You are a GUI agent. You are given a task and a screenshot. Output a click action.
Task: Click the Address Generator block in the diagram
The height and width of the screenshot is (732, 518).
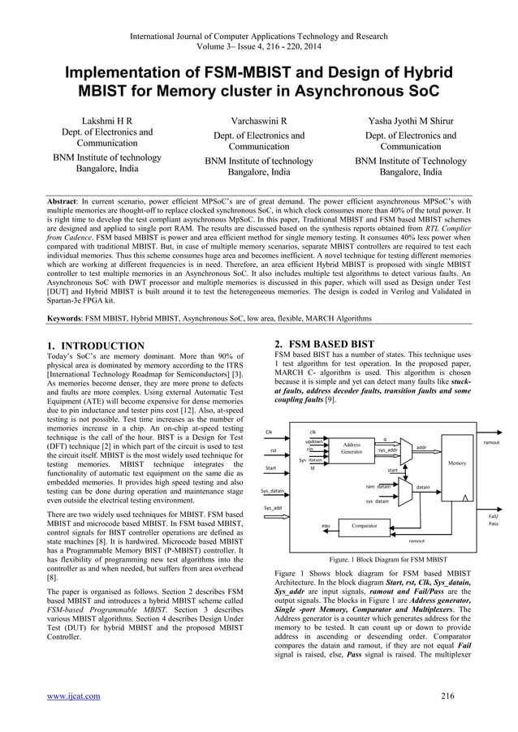click(x=352, y=449)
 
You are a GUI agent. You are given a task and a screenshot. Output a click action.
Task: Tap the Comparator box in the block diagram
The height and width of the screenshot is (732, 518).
click(x=364, y=526)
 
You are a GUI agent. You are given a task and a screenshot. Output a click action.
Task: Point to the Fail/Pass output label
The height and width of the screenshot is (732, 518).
click(x=493, y=519)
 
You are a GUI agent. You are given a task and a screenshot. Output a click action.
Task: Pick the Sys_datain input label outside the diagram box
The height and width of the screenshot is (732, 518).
click(x=273, y=491)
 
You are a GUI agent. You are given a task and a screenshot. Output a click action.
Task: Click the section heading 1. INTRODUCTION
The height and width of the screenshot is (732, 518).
click(x=96, y=347)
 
